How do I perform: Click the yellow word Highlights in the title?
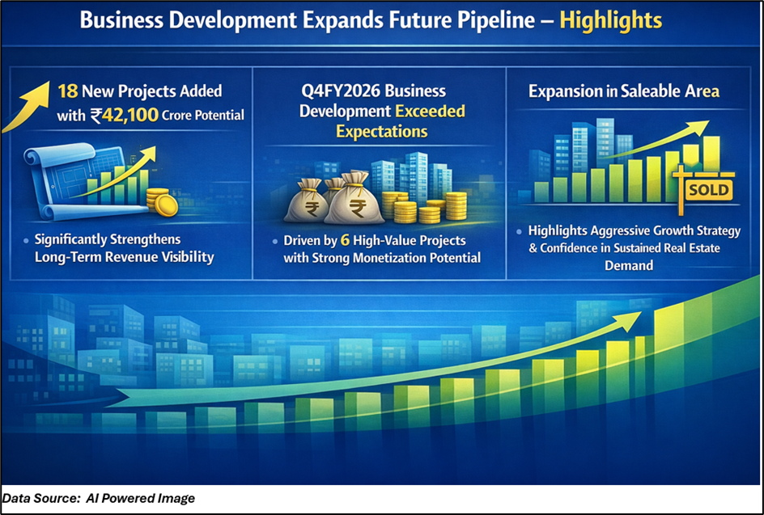pyautogui.click(x=610, y=21)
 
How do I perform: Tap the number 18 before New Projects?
pyautogui.click(x=68, y=91)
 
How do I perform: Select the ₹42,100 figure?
pyautogui.click(x=125, y=116)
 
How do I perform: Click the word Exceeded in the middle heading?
pyautogui.click(x=430, y=112)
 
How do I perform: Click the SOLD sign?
pyautogui.click(x=708, y=190)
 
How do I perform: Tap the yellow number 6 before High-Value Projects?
pyautogui.click(x=345, y=240)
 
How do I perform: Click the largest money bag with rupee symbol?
pyautogui.click(x=355, y=200)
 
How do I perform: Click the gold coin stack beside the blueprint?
pyautogui.click(x=162, y=202)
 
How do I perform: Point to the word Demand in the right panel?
pyautogui.click(x=629, y=266)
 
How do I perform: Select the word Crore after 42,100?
pyautogui.click(x=176, y=116)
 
